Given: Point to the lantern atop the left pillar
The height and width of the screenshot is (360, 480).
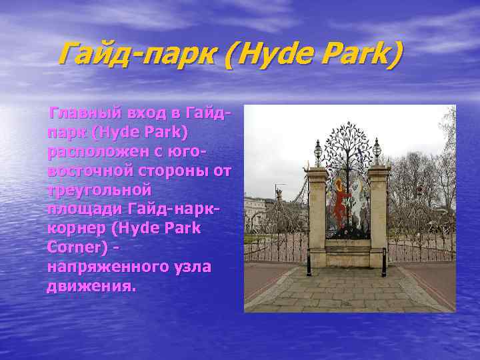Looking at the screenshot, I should coord(318,151).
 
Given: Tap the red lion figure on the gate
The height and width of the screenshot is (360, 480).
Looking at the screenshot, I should coord(339,200).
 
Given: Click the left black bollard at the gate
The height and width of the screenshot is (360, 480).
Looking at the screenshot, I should coord(309,261).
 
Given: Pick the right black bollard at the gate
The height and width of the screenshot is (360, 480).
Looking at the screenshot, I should coord(384,261).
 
